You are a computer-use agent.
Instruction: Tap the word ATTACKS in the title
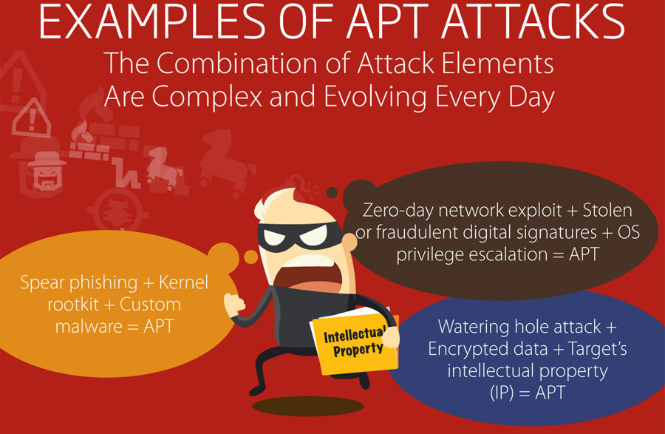click(x=533, y=22)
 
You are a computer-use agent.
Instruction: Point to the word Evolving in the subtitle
click(x=376, y=97)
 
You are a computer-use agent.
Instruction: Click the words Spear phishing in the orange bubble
click(x=79, y=283)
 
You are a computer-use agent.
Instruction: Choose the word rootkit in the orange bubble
click(x=73, y=305)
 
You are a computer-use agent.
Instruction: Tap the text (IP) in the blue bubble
click(x=502, y=393)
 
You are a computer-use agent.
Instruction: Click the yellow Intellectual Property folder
click(x=354, y=342)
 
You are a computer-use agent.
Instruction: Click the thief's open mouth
click(x=309, y=277)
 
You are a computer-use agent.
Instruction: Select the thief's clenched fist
click(x=234, y=304)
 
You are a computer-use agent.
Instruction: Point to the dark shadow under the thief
click(x=308, y=406)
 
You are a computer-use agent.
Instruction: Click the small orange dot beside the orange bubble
click(x=251, y=257)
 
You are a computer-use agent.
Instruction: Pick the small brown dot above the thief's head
click(x=332, y=193)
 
